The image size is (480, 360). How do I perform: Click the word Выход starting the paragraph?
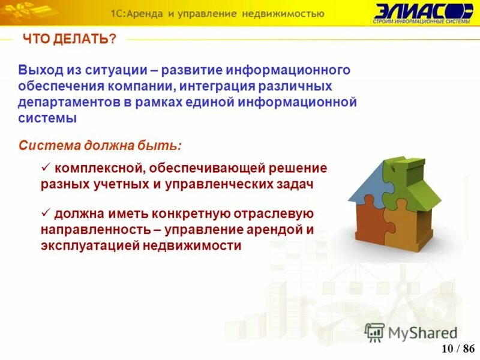pos(38,70)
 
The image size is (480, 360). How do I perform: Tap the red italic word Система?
pos(46,145)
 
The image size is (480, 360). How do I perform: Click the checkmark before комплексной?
pos(46,168)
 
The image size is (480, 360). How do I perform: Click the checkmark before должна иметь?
pos(46,213)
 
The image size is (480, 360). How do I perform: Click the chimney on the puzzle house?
pos(396,165)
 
